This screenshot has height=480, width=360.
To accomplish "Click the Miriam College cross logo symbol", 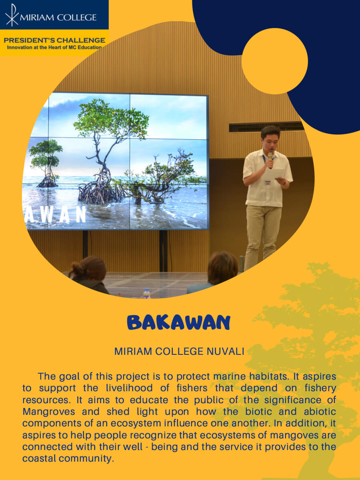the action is [x=12, y=15].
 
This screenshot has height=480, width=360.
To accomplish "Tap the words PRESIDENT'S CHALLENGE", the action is [x=54, y=40].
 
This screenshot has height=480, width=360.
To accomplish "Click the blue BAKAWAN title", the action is [x=178, y=323].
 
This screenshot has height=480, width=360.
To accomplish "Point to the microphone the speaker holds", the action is [x=270, y=160].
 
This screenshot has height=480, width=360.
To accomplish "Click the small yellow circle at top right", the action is [x=275, y=61].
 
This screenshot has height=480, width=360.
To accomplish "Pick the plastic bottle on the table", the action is [x=147, y=294].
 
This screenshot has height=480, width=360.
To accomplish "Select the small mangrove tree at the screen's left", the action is [x=46, y=163].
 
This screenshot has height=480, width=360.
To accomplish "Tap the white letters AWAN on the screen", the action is [x=56, y=214].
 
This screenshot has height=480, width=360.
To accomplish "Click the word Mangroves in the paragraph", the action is [x=49, y=412].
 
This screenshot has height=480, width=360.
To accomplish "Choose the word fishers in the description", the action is [x=192, y=388].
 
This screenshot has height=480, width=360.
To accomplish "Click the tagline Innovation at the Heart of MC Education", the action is [x=54, y=47].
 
